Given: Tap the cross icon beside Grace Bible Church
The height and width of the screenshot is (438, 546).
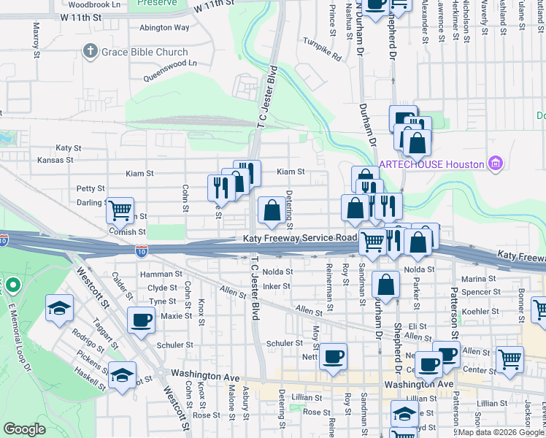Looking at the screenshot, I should click(90, 52).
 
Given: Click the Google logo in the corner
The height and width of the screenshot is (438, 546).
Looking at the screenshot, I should click(24, 429).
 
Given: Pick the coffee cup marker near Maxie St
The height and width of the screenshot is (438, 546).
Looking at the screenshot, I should click(140, 319).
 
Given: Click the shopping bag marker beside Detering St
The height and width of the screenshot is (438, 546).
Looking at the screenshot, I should click(272, 211).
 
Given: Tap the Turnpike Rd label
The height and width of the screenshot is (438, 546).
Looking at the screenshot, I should click(323, 49).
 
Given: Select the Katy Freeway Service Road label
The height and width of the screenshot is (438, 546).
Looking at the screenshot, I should click(300, 239).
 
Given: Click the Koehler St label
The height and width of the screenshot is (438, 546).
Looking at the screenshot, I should click(480, 310).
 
